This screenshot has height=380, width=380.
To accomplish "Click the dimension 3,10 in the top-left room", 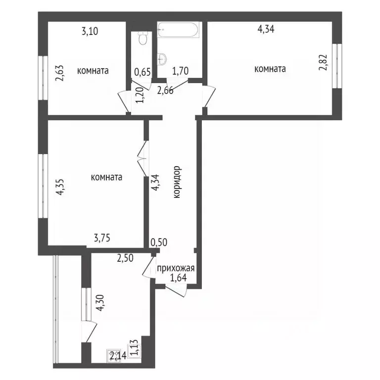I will pos(90,32).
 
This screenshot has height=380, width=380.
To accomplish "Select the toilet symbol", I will pos(143,39).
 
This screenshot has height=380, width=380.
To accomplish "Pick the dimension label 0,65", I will pos(142,72).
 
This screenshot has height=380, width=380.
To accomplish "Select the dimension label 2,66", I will pos(166,90).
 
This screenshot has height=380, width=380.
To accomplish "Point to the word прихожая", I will pos(176,269).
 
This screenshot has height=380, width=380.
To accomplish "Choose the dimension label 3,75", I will pos(102,238).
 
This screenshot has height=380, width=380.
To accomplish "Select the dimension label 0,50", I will pos(158,242).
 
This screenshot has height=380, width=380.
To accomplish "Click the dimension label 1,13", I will pos(134,348).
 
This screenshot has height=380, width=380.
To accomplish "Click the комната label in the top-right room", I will pos(270,69).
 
